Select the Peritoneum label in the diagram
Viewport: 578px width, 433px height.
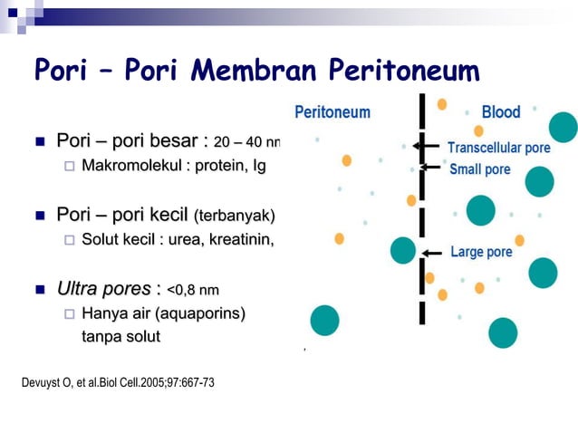pos(332,111)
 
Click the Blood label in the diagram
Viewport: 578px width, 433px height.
pos(501,111)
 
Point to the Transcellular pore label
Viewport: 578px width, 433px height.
pos(498,148)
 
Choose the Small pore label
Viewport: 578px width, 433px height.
pos(480,169)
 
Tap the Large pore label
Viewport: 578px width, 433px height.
pos(480,252)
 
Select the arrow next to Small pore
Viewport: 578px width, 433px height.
pos(430,168)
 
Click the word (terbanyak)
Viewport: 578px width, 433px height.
pos(234,216)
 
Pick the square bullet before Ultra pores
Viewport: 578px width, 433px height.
pos(40,290)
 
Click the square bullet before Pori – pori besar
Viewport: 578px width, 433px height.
pos(40,141)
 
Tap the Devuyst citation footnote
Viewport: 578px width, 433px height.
pos(118,381)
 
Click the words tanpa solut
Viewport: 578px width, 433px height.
pos(120,337)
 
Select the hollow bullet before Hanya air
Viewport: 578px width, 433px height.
pos(69,313)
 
